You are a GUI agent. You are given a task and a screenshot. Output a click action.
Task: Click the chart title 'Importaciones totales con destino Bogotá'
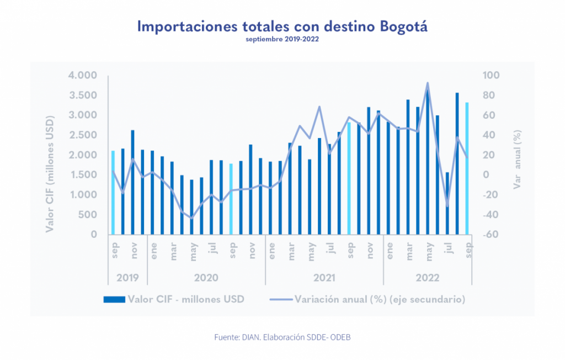click(x=282, y=27)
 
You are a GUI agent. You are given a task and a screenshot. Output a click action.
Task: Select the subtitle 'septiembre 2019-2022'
click(x=282, y=40)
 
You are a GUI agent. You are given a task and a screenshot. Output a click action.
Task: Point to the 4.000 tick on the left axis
click(x=83, y=76)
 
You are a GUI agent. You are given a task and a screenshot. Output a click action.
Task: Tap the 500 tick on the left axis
click(x=88, y=215)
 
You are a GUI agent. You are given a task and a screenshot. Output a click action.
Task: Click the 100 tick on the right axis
click(x=493, y=76)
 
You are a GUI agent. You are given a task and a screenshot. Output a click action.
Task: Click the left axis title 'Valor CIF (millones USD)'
click(x=51, y=155)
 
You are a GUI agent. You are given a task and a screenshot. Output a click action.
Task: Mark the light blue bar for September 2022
click(x=467, y=168)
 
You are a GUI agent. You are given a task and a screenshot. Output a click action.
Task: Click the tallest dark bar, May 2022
click(x=428, y=163)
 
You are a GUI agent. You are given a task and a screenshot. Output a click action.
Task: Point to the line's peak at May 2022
click(x=428, y=83)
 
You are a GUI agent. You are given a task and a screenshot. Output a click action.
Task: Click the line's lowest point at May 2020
click(x=192, y=218)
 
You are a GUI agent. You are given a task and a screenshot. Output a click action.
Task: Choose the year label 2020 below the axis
click(x=206, y=277)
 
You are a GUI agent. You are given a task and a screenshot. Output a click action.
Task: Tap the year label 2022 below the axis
click(x=428, y=277)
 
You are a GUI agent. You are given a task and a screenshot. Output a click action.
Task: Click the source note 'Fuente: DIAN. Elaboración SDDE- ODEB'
click(x=282, y=337)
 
